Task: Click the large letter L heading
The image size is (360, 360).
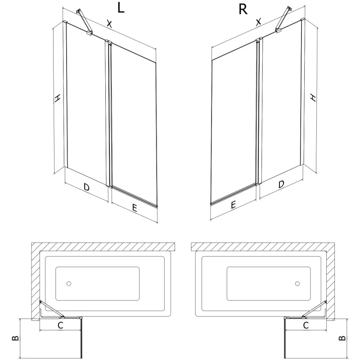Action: tap(121, 9)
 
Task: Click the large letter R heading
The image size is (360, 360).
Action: tap(243, 9)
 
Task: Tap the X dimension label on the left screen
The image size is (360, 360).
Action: tap(109, 23)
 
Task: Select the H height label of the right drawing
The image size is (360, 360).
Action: tap(312, 98)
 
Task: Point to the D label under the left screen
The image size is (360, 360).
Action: tap(86, 186)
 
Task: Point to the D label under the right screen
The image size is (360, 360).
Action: tap(281, 184)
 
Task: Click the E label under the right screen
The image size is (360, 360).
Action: tap(234, 205)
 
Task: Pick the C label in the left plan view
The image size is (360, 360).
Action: tap(60, 324)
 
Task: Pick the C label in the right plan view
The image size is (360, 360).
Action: tap(306, 324)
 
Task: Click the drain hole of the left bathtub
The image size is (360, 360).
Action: tap(69, 284)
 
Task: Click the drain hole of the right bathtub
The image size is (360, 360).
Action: tap(297, 284)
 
